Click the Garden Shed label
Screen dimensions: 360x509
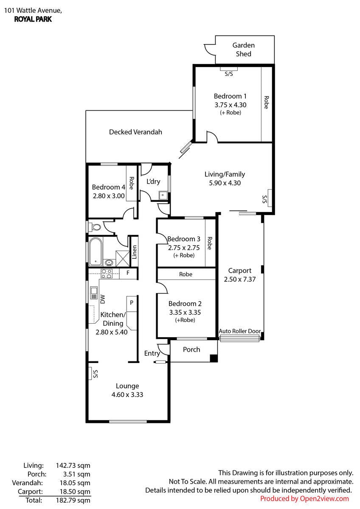[243, 50]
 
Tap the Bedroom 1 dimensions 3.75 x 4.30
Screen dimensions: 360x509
[230, 105]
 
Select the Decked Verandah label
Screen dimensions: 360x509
[135, 132]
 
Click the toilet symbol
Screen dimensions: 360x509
[96, 227]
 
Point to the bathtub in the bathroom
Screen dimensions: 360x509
[96, 252]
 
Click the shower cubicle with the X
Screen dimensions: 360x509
[122, 258]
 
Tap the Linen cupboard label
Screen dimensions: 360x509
[134, 252]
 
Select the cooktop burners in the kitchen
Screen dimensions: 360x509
[107, 274]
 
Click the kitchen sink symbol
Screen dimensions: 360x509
[94, 293]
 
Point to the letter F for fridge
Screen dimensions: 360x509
[128, 273]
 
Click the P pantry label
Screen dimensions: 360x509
[132, 302]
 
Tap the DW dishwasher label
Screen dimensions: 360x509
[103, 299]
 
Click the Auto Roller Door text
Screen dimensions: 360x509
[240, 331]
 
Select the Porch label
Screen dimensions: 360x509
[191, 350]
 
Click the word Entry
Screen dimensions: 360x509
[152, 353]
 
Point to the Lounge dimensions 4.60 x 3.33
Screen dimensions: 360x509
[127, 394]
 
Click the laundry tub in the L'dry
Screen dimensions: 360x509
[163, 195]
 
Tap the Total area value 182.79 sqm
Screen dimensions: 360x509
[73, 500]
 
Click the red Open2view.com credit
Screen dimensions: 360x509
[304, 498]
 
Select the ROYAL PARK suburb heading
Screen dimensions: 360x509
[33, 19]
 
